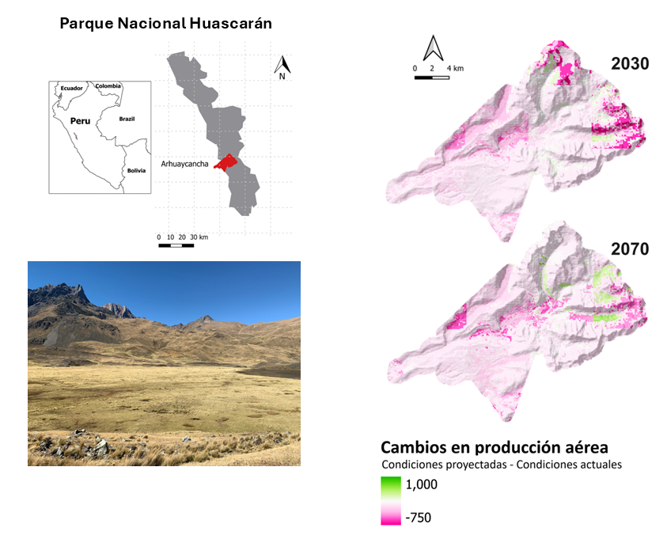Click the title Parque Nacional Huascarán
[166, 24]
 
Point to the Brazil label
[127, 119]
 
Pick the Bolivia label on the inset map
[138, 170]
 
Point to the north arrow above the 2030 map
[432, 48]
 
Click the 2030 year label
[630, 63]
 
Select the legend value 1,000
[423, 484]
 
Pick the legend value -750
[419, 518]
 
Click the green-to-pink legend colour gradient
[391, 500]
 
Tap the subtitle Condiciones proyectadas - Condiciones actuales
[501, 465]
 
